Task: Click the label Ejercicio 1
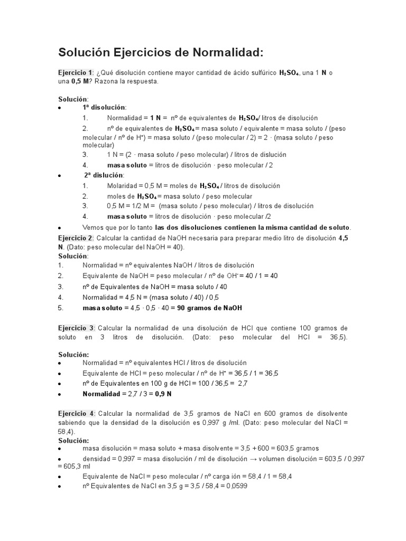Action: point(75,72)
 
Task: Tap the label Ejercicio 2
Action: point(75,238)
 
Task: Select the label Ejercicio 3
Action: point(76,328)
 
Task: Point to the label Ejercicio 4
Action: point(76,413)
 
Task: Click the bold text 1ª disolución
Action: point(104,107)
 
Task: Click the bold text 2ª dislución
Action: point(104,175)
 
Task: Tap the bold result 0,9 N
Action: point(163,394)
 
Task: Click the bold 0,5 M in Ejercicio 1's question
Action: point(80,82)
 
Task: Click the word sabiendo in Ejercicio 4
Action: point(72,423)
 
